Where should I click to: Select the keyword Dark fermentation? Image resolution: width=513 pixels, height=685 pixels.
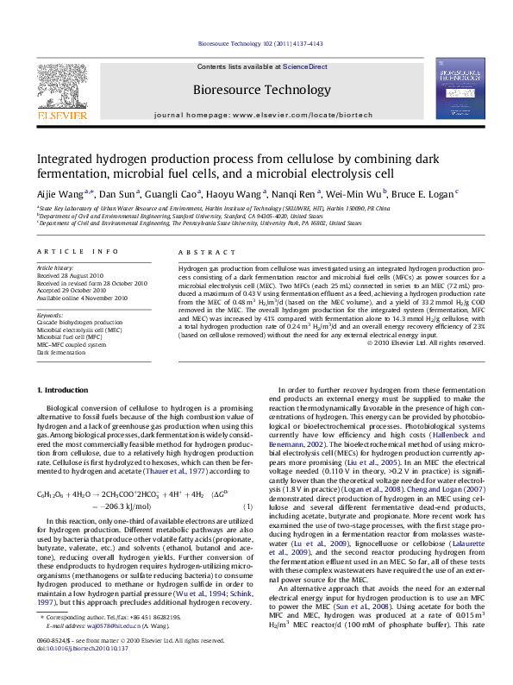61,352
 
